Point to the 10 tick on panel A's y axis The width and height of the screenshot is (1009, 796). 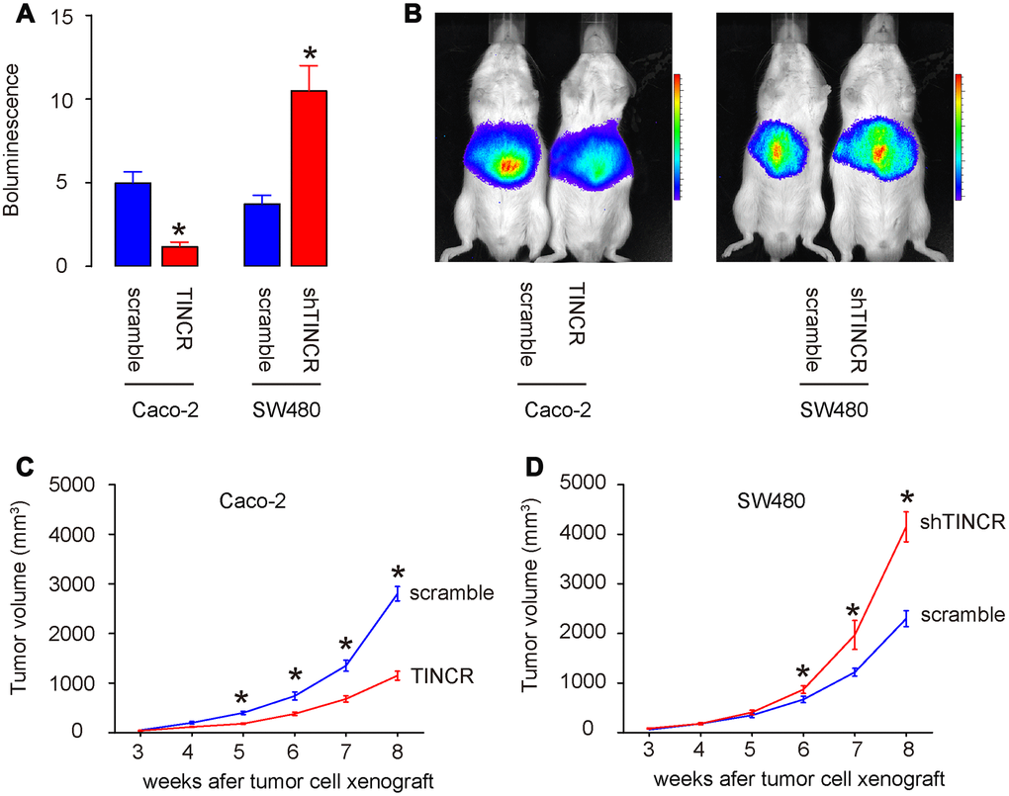click(78, 100)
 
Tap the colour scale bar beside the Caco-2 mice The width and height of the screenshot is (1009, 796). click(677, 136)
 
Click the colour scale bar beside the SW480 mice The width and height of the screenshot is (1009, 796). click(959, 136)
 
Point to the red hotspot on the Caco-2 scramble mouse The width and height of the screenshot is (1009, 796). click(508, 166)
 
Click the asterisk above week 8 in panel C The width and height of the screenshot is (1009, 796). click(398, 574)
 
